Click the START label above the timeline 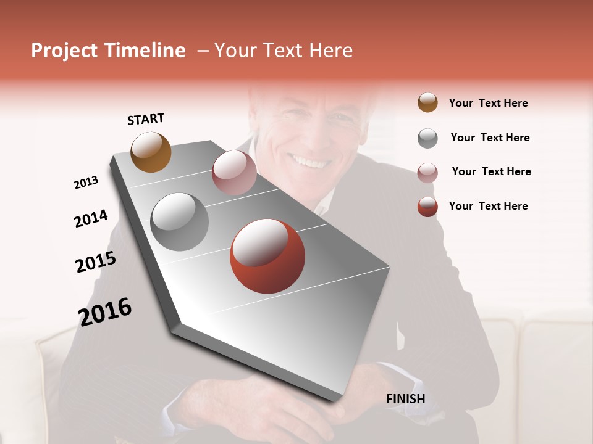click(146, 119)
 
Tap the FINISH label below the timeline click(405, 399)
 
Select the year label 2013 click(86, 183)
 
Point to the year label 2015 click(96, 262)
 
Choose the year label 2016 click(105, 311)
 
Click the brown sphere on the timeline click(151, 152)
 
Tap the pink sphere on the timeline click(234, 173)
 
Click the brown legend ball click(427, 103)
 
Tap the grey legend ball click(427, 138)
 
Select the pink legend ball click(427, 172)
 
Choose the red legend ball click(427, 207)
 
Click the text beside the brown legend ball click(488, 103)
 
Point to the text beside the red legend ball click(488, 206)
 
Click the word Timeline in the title click(144, 51)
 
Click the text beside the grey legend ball click(490, 138)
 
